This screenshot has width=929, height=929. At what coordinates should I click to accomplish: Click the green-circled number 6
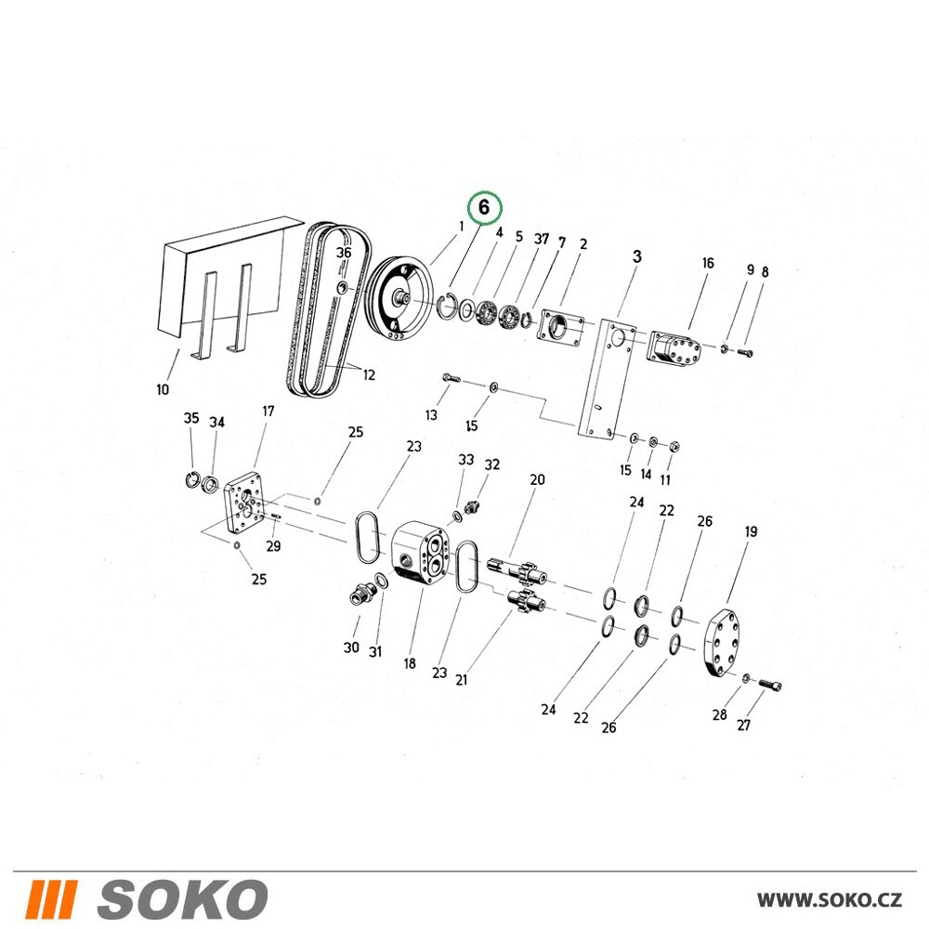[484, 208]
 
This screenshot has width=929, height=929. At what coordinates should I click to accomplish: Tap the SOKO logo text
[182, 898]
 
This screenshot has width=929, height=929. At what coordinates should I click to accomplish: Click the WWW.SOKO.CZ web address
[830, 900]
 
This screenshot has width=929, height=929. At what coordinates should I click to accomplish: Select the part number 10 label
[163, 389]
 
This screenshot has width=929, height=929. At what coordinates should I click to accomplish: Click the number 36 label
[344, 253]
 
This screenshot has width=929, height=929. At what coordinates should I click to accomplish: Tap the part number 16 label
[708, 263]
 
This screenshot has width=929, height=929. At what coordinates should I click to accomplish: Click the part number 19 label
[751, 531]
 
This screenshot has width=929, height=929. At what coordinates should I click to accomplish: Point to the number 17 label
[268, 412]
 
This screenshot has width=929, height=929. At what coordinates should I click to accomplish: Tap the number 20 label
[537, 479]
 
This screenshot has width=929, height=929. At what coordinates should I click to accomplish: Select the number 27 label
[743, 726]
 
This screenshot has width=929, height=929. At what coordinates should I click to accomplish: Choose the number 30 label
[351, 647]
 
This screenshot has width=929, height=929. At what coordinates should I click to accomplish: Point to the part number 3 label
[637, 256]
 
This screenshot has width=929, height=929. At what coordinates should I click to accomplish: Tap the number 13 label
[431, 414]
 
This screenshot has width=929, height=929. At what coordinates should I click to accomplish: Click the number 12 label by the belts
[369, 374]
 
